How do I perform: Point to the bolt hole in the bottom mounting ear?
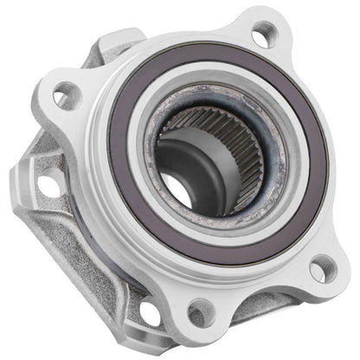[200, 309]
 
